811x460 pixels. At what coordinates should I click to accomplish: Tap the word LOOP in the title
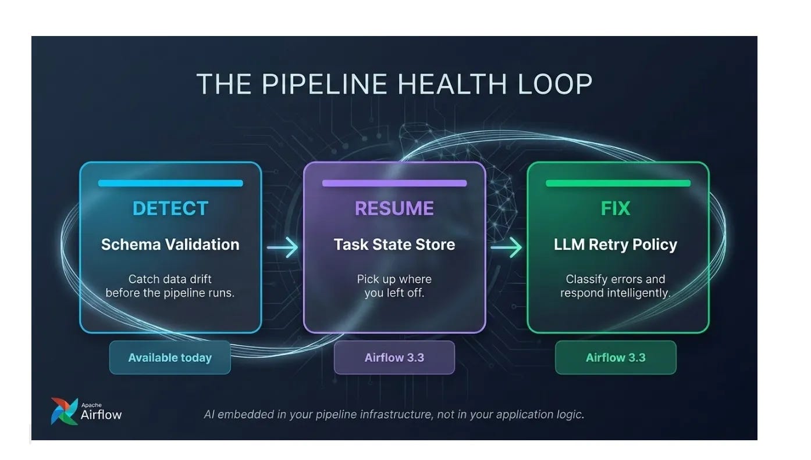555,84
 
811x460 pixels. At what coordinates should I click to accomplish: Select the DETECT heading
170,209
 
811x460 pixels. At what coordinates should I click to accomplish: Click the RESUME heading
394,209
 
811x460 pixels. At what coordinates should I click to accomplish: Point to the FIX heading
616,209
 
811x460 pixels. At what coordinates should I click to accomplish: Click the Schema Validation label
170,245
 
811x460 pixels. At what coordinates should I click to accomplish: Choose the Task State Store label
394,245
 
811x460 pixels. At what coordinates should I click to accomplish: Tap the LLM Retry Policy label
616,245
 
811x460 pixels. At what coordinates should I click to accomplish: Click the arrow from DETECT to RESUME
282,247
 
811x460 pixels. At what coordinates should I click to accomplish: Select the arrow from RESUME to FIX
506,247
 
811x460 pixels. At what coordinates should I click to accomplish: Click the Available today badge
170,357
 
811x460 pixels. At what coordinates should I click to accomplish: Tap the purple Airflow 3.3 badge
394,357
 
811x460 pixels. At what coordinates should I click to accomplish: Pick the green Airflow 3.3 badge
616,357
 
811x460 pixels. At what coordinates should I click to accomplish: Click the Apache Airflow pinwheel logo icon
65,411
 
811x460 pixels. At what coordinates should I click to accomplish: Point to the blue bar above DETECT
170,183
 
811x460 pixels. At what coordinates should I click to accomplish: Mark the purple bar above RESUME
394,183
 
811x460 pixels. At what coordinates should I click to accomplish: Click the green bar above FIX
618,183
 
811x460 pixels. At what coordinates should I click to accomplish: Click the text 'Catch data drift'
170,279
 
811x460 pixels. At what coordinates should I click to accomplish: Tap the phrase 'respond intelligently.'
616,293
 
